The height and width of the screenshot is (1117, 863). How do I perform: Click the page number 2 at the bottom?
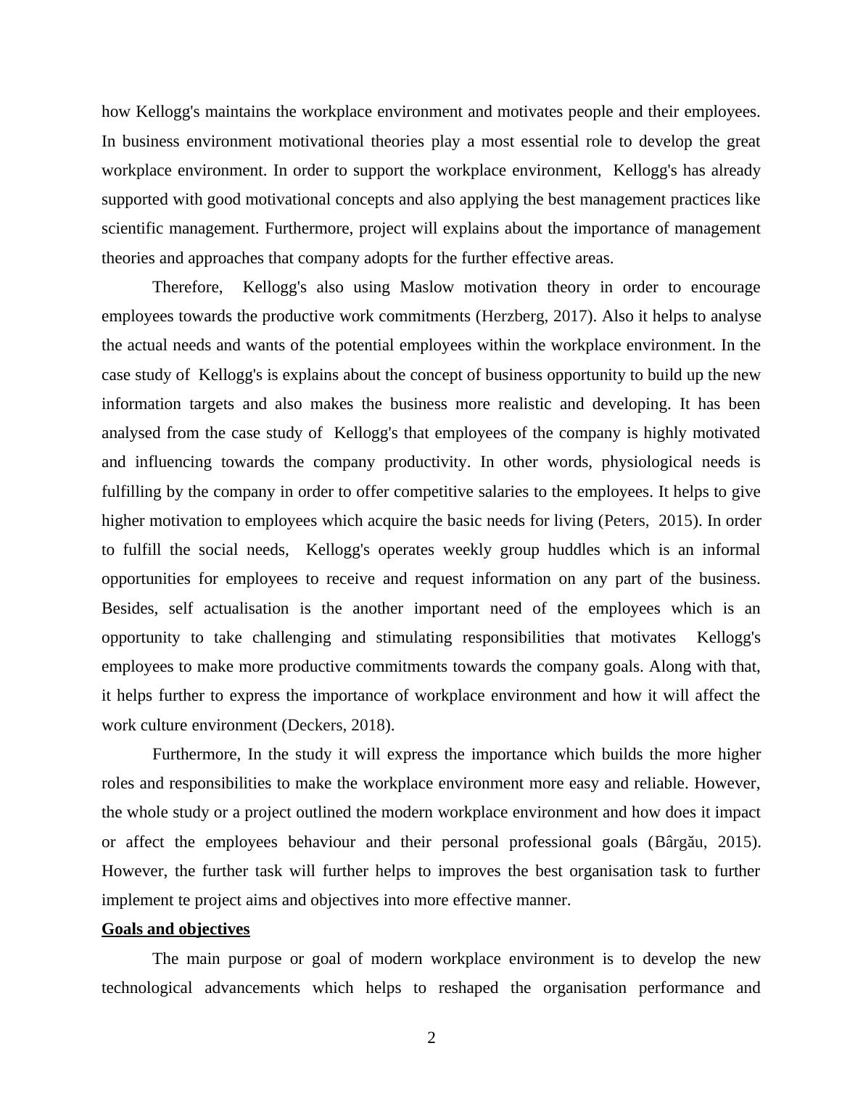pos(431,1038)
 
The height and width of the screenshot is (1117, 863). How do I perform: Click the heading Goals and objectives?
pos(176,929)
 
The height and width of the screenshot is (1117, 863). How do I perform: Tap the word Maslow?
pos(426,287)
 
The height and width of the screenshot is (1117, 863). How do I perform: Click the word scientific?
pos(133,228)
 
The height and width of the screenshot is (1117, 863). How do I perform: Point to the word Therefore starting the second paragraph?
pos(186,287)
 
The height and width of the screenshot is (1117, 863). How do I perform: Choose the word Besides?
pos(128,609)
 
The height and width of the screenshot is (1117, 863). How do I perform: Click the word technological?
pos(146,988)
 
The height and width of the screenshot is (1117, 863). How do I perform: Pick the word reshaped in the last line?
pos(468,988)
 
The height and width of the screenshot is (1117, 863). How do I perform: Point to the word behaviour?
pos(322,842)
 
